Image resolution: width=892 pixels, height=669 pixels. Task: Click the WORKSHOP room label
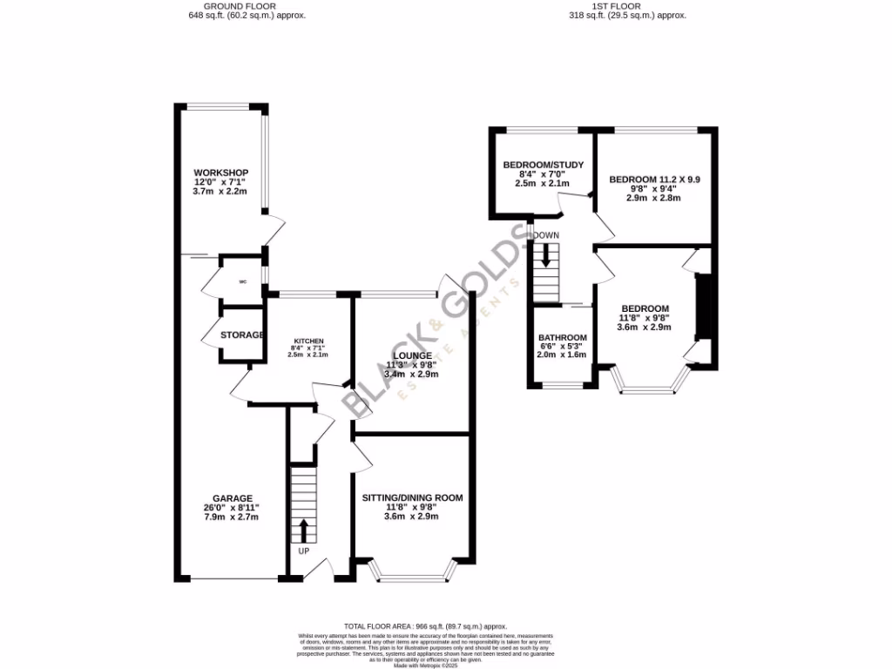click(221, 172)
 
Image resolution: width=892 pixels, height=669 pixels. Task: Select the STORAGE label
click(241, 335)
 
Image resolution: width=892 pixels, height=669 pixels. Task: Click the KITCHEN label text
click(308, 341)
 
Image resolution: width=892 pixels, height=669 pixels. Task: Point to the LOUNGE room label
click(412, 355)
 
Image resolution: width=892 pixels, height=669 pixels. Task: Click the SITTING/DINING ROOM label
click(412, 497)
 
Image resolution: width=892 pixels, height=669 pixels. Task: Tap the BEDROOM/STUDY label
click(544, 165)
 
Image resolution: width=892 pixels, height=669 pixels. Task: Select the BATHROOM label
click(562, 338)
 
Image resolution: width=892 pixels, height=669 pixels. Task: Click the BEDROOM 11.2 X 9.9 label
click(654, 179)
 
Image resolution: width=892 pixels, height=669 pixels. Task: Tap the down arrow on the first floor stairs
click(546, 254)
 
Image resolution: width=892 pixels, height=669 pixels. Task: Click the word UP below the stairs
click(304, 551)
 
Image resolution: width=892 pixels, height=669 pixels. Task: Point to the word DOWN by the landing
click(546, 235)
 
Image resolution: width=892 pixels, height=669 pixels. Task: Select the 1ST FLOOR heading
click(627, 6)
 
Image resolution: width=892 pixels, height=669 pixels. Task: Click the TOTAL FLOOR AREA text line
click(425, 626)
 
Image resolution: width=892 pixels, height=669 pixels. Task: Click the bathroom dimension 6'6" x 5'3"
click(562, 347)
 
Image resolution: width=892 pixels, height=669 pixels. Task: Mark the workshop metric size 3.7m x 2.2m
click(221, 190)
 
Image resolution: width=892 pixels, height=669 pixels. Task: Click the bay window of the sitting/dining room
click(413, 574)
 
